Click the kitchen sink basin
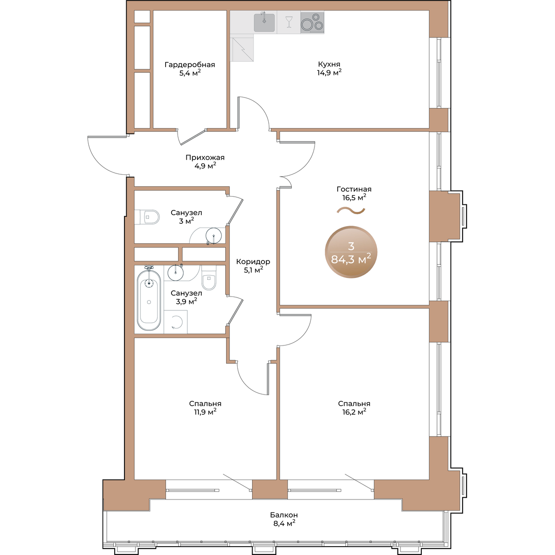point(264,23)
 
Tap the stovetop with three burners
point(312,23)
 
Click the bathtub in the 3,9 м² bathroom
point(149,300)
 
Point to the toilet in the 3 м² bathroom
point(147,217)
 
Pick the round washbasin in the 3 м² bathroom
point(214,235)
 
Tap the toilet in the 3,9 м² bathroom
point(209,277)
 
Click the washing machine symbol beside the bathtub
point(176,322)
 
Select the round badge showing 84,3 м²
point(351,252)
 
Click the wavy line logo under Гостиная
point(351,210)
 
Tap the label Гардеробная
point(190,64)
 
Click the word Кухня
point(329,64)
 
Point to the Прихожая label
point(205,158)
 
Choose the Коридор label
point(253,261)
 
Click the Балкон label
point(284,515)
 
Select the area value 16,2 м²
point(354,412)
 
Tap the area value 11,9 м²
point(205,412)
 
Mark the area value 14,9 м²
point(329,72)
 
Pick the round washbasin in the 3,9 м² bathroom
point(175,272)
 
